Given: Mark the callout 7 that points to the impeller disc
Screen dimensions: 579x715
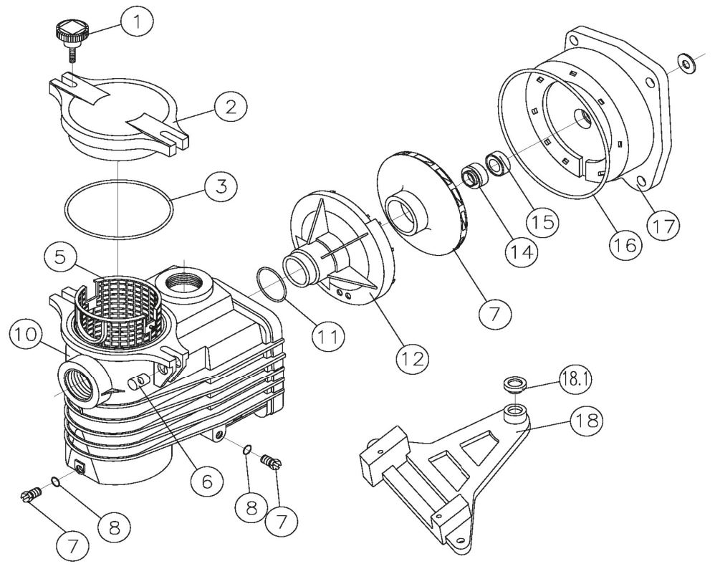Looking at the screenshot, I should (494, 312).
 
